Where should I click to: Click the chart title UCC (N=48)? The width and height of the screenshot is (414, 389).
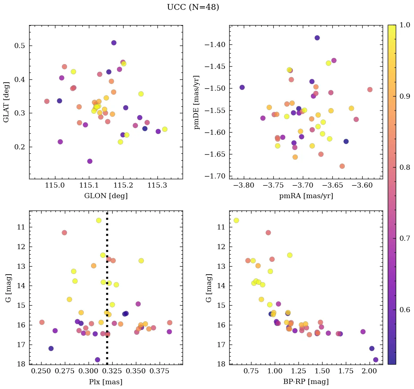point(193,7)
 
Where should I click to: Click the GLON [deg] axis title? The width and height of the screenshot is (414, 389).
point(106,196)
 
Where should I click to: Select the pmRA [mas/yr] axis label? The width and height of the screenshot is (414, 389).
point(306,196)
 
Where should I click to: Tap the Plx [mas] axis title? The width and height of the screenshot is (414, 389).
point(106,382)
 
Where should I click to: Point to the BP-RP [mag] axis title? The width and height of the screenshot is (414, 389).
point(306,382)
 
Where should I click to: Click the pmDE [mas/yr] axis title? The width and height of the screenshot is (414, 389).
point(197,102)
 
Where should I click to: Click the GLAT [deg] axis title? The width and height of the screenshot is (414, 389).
point(6,102)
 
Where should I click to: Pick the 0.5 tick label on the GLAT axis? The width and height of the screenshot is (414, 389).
point(21,46)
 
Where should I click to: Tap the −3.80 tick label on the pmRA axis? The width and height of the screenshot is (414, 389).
point(244,186)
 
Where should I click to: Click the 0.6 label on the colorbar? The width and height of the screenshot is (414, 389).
point(404,310)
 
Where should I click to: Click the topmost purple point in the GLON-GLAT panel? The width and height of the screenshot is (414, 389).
point(114,43)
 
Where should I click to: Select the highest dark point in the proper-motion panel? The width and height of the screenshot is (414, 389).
point(317,38)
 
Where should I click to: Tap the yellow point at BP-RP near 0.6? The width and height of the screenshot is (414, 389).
point(236,220)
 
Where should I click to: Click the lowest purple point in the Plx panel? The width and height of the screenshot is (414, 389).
point(97,360)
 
